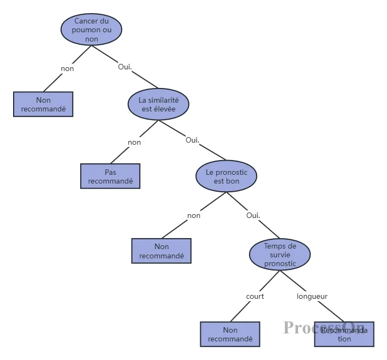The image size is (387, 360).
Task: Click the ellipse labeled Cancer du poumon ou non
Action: pos(91,29)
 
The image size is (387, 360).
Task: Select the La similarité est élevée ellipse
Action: pos(158,104)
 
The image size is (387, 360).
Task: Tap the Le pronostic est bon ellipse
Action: pos(226,176)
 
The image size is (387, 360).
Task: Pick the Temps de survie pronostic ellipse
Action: pos(279,255)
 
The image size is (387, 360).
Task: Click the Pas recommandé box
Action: pos(110,176)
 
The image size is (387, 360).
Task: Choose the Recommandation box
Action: pos(344,334)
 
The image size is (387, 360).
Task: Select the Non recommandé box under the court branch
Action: pos(230,334)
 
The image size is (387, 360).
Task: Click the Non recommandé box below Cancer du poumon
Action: pos(43,104)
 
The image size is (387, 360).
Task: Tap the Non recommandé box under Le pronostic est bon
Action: pos(162,251)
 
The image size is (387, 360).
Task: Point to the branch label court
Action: pos(255,297)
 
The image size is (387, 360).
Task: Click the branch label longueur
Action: pos(312,297)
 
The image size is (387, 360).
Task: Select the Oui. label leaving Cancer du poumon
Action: pos(126,67)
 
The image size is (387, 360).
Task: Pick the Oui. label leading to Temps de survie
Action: pos(253,215)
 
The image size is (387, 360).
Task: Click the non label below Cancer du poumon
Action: pos(67,69)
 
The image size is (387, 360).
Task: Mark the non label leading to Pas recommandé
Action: pos(134,143)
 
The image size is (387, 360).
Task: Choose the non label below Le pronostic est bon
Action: pos(194,215)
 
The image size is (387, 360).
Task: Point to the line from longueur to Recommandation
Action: pos(330,311)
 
